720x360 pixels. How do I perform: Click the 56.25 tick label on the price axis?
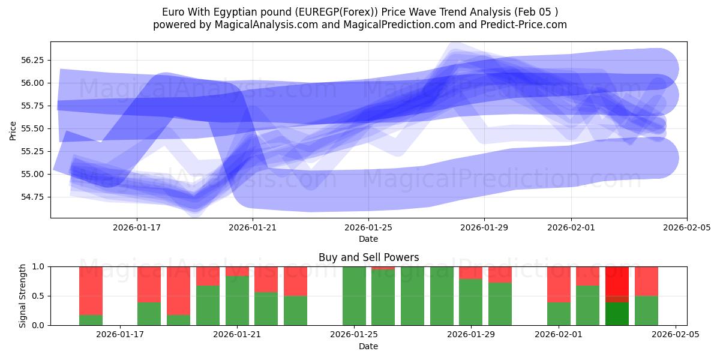click(34, 60)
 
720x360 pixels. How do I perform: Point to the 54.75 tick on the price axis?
click(34, 197)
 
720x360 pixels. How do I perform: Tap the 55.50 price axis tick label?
click(34, 128)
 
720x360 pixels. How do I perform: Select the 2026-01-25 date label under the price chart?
click(368, 227)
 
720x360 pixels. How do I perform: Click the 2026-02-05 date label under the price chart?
click(686, 227)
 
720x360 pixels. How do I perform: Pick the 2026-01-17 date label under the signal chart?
click(121, 335)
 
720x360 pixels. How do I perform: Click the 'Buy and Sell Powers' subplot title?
click(368, 257)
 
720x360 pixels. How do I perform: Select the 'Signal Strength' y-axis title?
click(22, 296)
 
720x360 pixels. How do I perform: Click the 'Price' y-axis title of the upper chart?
click(13, 130)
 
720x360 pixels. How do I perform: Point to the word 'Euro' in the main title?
click(173, 12)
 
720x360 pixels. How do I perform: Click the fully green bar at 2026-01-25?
click(354, 296)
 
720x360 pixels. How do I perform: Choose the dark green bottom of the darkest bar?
click(617, 313)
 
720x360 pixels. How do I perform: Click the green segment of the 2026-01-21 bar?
click(237, 300)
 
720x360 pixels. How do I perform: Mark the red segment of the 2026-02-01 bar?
click(559, 284)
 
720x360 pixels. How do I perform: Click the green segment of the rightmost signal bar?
click(646, 310)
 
